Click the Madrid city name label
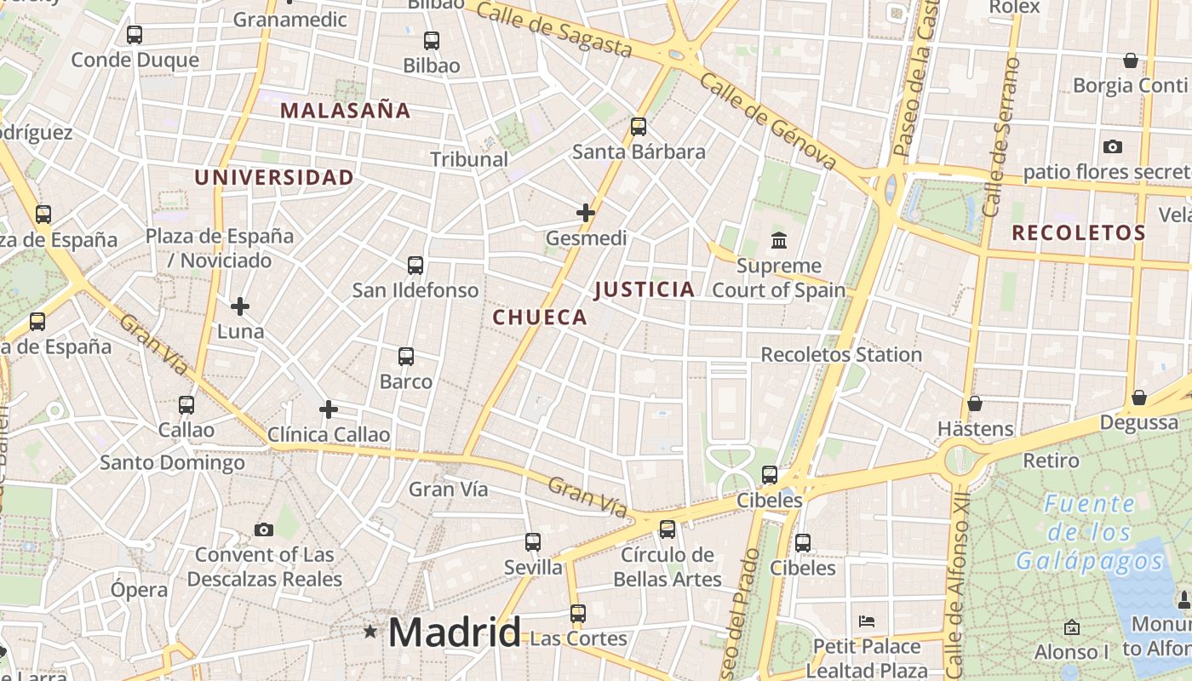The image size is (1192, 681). pyautogui.click(x=454, y=632)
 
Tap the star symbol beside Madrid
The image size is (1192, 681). pyautogui.click(x=370, y=632)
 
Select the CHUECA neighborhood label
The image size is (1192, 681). pyautogui.click(x=540, y=318)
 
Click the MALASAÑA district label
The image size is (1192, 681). pyautogui.click(x=346, y=110)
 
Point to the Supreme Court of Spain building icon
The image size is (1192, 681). pyautogui.click(x=779, y=241)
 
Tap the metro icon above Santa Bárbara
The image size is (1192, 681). pyautogui.click(x=639, y=127)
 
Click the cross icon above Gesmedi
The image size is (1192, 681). pyautogui.click(x=586, y=212)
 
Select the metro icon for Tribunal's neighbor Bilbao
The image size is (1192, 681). pyautogui.click(x=432, y=40)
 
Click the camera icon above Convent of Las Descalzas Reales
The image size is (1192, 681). pyautogui.click(x=264, y=529)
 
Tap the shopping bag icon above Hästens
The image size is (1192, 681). pyautogui.click(x=975, y=403)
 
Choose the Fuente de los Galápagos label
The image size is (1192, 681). pyautogui.click(x=1089, y=533)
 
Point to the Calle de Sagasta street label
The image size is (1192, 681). pyautogui.click(x=554, y=30)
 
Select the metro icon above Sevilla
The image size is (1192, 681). pyautogui.click(x=533, y=541)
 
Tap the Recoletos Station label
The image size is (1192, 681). pyautogui.click(x=841, y=354)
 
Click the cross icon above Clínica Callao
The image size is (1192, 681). pyautogui.click(x=329, y=409)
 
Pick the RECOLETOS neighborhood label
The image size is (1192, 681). pyautogui.click(x=1078, y=232)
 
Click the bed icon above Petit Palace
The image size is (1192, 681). pyautogui.click(x=867, y=621)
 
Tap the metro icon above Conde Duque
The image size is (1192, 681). pyautogui.click(x=135, y=35)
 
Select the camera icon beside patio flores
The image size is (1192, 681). pyautogui.click(x=1112, y=146)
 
